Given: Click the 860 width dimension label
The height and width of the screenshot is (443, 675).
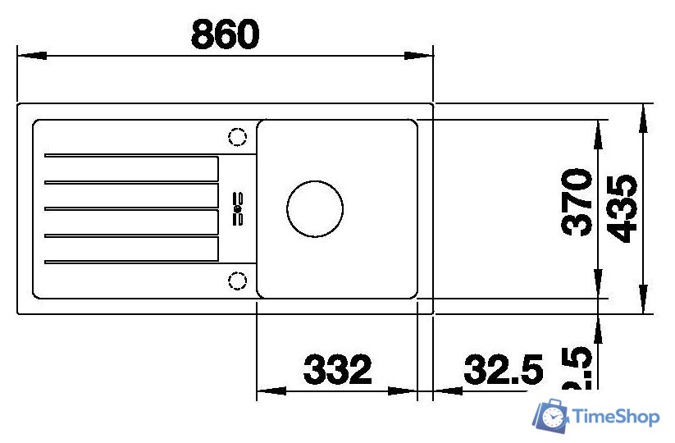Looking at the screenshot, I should pyautogui.click(x=225, y=34).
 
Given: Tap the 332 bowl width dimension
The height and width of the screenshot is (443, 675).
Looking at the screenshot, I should pyautogui.click(x=337, y=370).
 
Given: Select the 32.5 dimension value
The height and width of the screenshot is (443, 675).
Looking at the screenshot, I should pyautogui.click(x=504, y=370).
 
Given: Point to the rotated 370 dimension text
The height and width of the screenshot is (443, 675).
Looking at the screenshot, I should pyautogui.click(x=578, y=202).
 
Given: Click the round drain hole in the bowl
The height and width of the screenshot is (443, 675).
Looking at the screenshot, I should pyautogui.click(x=315, y=208).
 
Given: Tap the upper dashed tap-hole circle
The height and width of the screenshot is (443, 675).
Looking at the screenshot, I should pyautogui.click(x=237, y=137).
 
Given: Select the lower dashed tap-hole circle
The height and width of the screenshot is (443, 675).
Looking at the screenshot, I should pyautogui.click(x=237, y=281).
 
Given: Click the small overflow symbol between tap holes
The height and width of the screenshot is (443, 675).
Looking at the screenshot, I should pyautogui.click(x=239, y=208).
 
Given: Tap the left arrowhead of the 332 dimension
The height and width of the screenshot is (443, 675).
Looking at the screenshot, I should pyautogui.click(x=271, y=390).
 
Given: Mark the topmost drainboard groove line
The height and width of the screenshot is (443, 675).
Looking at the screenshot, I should pyautogui.click(x=131, y=154).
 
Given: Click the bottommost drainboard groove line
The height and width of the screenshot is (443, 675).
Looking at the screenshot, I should pyautogui.click(x=131, y=263).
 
